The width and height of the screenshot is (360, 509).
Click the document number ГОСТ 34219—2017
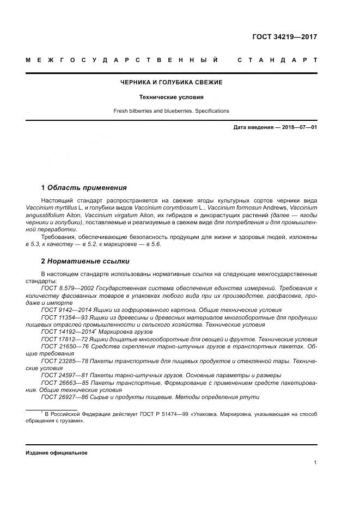284,37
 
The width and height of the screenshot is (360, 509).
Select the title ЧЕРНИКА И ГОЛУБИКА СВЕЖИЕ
171,82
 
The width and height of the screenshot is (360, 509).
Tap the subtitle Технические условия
171,97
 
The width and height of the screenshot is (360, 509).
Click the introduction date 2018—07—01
299,127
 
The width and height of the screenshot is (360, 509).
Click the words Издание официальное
56,453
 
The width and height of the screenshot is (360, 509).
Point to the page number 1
315,463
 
